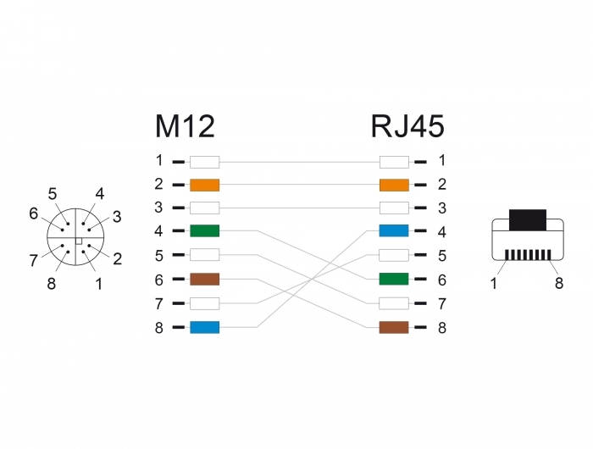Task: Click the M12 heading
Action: click(185, 126)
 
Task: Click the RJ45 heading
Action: click(407, 126)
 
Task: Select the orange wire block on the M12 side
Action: click(205, 185)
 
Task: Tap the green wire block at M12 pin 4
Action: click(205, 230)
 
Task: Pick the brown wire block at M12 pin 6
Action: click(205, 280)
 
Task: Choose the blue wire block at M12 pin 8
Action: click(205, 327)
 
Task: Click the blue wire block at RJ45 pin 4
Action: click(394, 230)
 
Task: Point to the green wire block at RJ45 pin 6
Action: click(394, 280)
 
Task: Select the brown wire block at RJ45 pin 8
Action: click(394, 327)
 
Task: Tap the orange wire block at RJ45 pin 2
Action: click(394, 185)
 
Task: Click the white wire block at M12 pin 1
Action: click(205, 162)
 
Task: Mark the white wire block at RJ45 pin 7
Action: click(394, 303)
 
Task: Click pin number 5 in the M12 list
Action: click(159, 255)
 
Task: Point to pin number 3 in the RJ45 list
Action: click(442, 208)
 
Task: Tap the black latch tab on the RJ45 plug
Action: click(528, 219)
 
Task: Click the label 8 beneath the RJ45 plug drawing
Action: click(559, 283)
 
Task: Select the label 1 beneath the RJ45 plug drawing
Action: click(494, 283)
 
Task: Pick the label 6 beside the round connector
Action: click(34, 213)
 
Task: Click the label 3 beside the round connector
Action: click(117, 217)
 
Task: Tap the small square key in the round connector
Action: click(79, 241)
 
